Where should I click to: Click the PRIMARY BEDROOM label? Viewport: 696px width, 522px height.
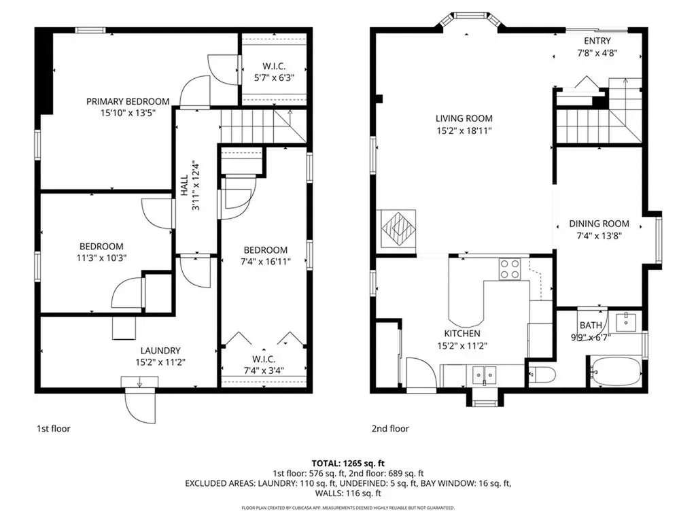pyautogui.click(x=128, y=102)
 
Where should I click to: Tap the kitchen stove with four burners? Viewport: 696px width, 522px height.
pyautogui.click(x=510, y=269)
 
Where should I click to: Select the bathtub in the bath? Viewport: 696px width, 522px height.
pyautogui.click(x=616, y=372)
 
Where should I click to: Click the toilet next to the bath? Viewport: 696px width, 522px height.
pyautogui.click(x=542, y=373)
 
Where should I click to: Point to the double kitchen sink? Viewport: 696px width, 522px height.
pyautogui.click(x=485, y=373)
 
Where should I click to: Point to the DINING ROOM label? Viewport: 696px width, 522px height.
pyautogui.click(x=599, y=224)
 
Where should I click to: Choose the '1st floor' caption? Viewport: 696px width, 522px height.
pyautogui.click(x=53, y=429)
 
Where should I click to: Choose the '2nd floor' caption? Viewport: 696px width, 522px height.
pyautogui.click(x=390, y=429)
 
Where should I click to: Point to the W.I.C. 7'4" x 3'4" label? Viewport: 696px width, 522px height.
pyautogui.click(x=264, y=364)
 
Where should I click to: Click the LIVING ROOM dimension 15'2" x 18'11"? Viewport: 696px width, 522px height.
pyautogui.click(x=464, y=130)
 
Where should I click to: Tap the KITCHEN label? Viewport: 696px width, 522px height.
pyautogui.click(x=462, y=334)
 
